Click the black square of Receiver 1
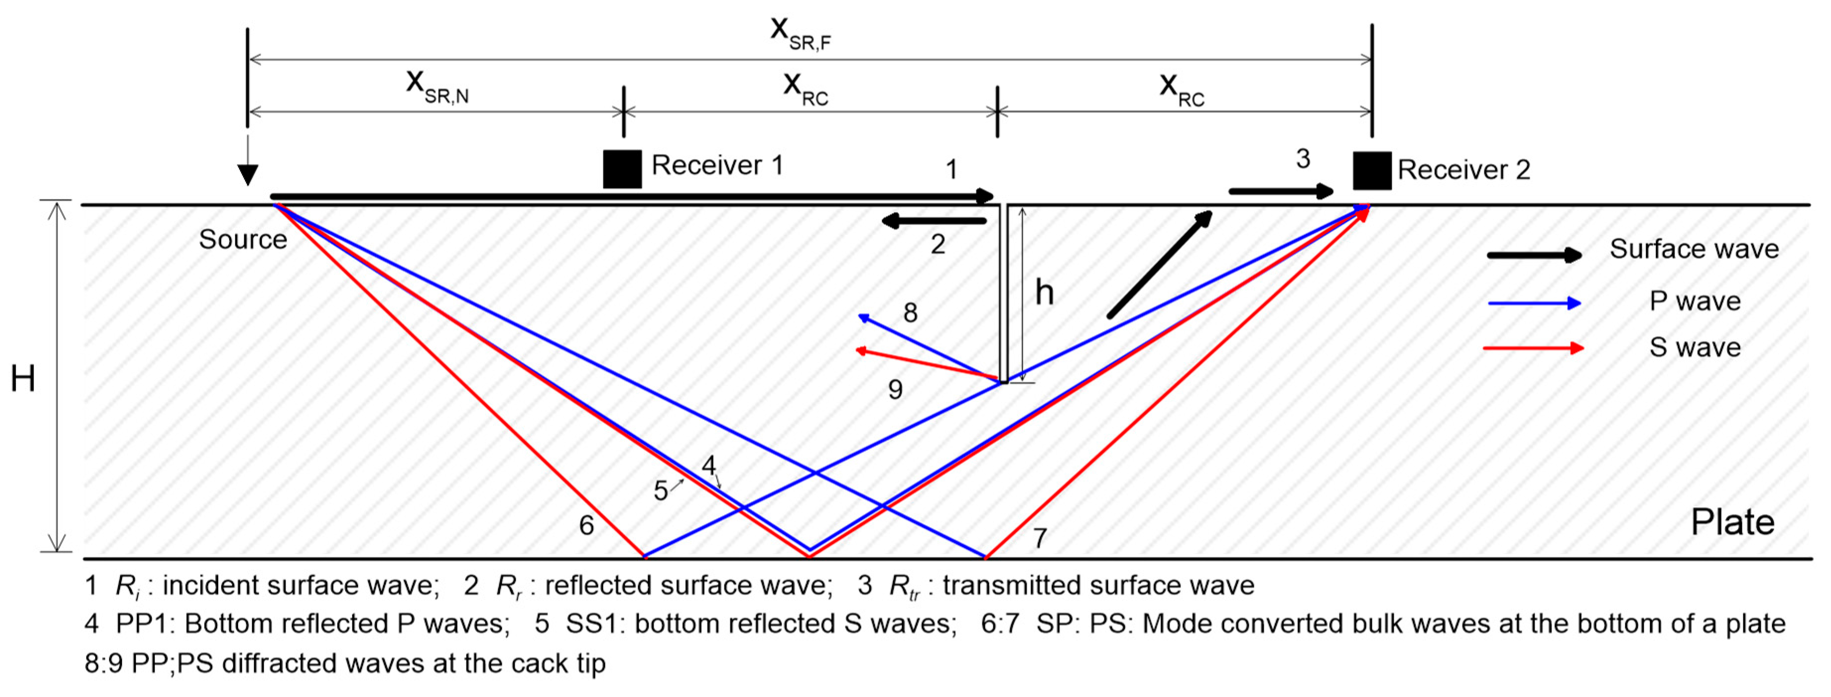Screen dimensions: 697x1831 [622, 169]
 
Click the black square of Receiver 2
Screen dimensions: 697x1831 [1371, 171]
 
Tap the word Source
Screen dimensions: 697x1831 [243, 240]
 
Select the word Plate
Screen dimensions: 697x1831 [1732, 522]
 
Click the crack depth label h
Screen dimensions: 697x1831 [1043, 292]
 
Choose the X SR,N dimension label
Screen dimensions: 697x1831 [436, 87]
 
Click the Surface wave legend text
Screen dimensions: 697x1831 [1694, 249]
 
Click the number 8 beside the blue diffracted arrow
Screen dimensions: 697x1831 [910, 313]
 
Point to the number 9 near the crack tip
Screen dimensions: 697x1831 [895, 390]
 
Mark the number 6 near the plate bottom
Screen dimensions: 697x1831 [586, 526]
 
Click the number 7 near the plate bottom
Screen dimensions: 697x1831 [1040, 539]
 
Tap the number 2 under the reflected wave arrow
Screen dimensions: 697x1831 [937, 245]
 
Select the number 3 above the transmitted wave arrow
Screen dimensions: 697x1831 [1302, 158]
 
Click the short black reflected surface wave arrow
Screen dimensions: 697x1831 [934, 221]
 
